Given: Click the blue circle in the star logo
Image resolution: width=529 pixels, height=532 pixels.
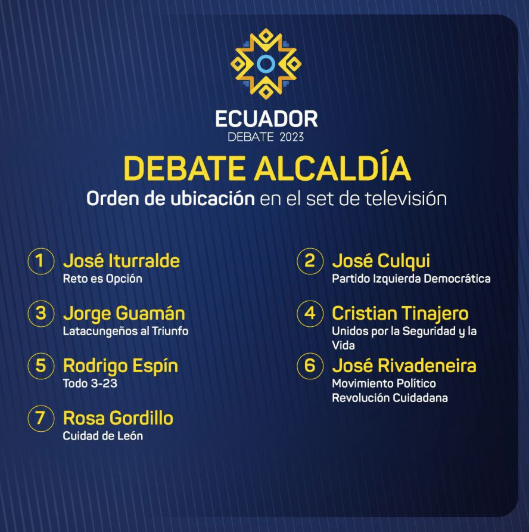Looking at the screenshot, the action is click(x=266, y=64).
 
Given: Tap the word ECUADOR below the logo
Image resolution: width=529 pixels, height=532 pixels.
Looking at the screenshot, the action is click(x=266, y=119).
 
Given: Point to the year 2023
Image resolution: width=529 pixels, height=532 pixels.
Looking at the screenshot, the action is click(x=292, y=137).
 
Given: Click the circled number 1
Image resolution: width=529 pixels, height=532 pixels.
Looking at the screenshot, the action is click(x=41, y=261).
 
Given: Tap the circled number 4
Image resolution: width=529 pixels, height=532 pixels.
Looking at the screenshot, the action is click(x=310, y=313).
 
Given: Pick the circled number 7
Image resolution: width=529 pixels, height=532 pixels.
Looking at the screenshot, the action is click(x=41, y=418).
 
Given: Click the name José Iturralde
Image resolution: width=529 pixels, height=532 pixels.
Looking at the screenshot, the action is click(x=122, y=261).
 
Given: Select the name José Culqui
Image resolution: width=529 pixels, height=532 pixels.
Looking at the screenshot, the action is click(x=381, y=261).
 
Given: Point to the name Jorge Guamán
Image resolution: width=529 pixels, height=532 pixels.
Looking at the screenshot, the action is click(x=124, y=314).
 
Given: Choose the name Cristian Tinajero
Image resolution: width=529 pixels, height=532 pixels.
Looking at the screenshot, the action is click(x=400, y=314).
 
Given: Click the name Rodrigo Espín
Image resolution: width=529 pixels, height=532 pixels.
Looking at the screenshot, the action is click(x=120, y=366).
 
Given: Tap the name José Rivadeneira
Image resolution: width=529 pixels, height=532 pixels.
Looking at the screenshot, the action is click(x=404, y=366).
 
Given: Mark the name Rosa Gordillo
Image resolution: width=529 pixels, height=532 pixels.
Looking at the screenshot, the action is click(x=118, y=418).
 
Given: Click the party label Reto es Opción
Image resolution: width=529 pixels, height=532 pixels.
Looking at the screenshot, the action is click(x=102, y=279).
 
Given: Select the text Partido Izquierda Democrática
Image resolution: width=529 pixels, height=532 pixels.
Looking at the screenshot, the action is click(x=411, y=279).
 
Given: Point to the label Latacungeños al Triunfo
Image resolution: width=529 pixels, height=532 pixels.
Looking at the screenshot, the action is click(x=125, y=331).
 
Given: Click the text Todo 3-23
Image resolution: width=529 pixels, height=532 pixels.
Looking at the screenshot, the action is click(x=90, y=383).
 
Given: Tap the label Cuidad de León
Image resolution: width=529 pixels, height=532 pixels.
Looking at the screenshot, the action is click(x=102, y=435).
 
